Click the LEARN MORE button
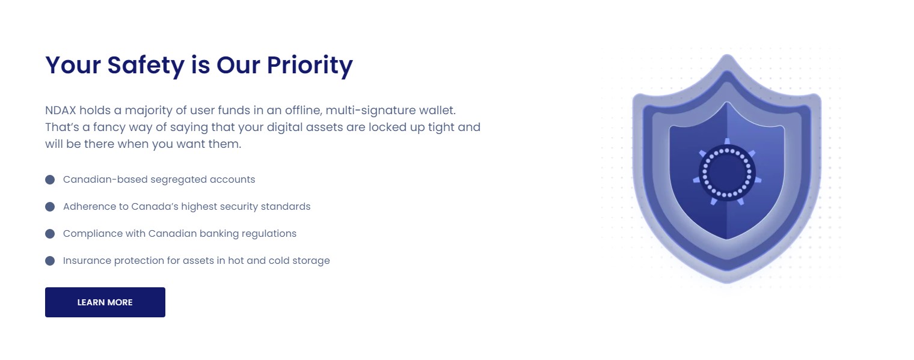[x=105, y=302]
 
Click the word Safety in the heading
[x=146, y=66]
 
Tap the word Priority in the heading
[x=310, y=66]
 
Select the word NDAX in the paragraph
[x=60, y=110]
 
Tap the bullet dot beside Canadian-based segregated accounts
[x=50, y=180]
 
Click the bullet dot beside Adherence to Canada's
[x=50, y=207]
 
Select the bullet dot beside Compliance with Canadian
[x=50, y=234]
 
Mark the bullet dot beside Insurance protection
[x=50, y=261]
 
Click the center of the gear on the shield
[x=727, y=172]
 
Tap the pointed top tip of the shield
[x=727, y=55]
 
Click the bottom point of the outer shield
[x=727, y=282]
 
